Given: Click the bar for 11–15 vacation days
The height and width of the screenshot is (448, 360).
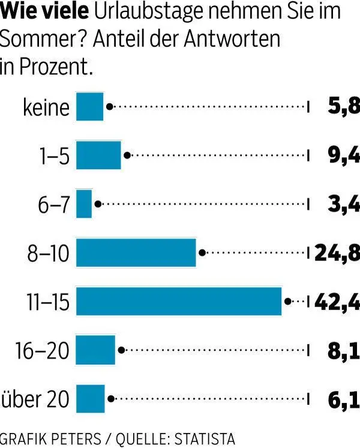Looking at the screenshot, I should [179, 301].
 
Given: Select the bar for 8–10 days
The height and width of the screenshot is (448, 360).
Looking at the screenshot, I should [136, 252].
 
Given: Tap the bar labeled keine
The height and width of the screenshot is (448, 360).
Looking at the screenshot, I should [90, 107].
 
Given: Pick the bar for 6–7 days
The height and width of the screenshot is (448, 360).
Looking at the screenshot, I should [84, 204].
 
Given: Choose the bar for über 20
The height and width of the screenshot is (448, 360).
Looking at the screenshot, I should [91, 398].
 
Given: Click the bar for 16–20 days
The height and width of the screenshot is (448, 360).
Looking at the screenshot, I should [95, 350].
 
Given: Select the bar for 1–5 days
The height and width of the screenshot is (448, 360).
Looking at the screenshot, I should [98, 155].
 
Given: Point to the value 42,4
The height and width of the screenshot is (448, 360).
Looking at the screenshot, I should [336, 301].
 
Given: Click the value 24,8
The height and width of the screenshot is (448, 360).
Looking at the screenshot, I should [337, 252].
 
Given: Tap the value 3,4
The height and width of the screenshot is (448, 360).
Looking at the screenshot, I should [344, 204].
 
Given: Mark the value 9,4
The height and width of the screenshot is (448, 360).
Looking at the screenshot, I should [344, 155].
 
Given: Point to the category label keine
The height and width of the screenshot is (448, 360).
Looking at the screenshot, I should [46, 107].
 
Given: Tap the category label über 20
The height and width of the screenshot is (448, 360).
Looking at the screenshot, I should [35, 399].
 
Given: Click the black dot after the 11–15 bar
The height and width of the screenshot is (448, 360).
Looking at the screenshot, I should [288, 301].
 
